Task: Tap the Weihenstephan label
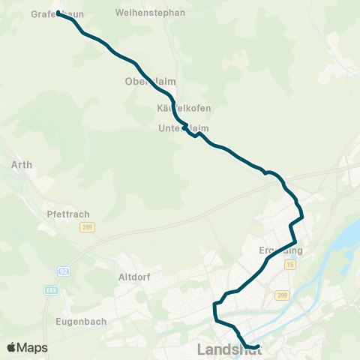tap(145, 13)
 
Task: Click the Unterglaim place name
tap(184, 128)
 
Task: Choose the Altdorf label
tap(135, 277)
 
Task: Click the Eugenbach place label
tap(81, 321)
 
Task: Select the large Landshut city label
tap(228, 349)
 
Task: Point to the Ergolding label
tap(280, 250)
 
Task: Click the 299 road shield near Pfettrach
tap(88, 227)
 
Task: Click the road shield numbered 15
tap(289, 265)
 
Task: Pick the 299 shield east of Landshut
tap(282, 296)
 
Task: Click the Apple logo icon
tap(11, 348)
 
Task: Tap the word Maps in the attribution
tap(33, 348)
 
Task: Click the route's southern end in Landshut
tap(257, 346)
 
